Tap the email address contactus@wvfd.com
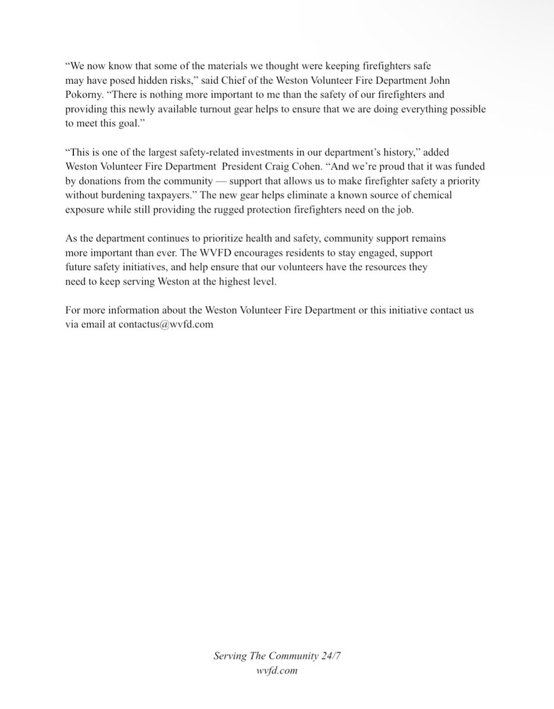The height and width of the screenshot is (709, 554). click(x=166, y=324)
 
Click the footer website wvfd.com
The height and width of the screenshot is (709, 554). click(x=277, y=671)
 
